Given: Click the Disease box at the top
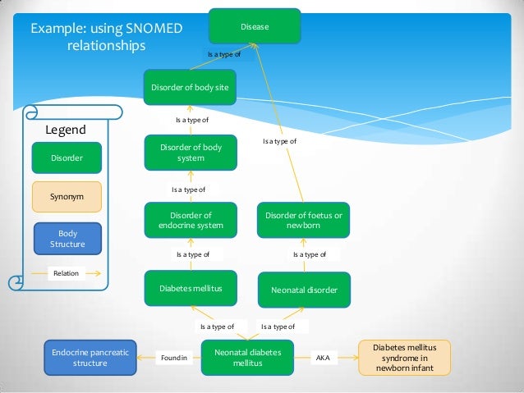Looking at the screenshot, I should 255,28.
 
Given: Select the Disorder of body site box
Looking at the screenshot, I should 191,87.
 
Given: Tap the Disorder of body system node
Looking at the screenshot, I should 191,153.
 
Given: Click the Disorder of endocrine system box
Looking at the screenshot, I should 191,221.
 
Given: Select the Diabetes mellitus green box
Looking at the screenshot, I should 191,289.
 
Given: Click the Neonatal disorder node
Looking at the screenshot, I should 304,290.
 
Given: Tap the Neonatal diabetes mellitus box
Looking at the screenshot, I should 247,358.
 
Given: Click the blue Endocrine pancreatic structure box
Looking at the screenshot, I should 90,358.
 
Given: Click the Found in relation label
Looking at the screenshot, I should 174,358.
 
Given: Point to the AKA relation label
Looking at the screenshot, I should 323,358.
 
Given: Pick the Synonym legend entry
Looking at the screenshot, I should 67,197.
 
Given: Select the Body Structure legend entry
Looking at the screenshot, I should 67,239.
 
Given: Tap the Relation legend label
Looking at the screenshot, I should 67,273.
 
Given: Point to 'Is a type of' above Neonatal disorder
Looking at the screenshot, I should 310,255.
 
